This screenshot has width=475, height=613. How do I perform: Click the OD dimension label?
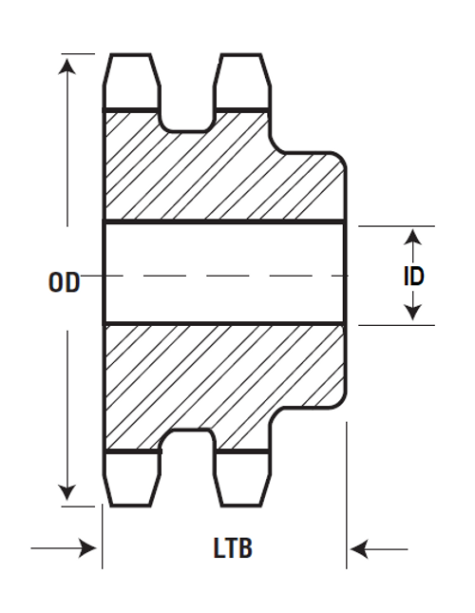tap(64, 281)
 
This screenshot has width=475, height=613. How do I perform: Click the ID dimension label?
tap(412, 275)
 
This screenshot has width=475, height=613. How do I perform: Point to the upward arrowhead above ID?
tap(412, 238)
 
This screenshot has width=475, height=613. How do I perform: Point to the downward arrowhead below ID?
tap(412, 311)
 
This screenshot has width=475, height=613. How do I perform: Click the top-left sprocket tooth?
tap(131, 81)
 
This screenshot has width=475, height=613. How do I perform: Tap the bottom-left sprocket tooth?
tap(131, 478)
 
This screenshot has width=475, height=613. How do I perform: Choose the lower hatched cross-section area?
tap(218, 375)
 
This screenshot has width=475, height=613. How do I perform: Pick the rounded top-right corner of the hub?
tap(337, 160)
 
